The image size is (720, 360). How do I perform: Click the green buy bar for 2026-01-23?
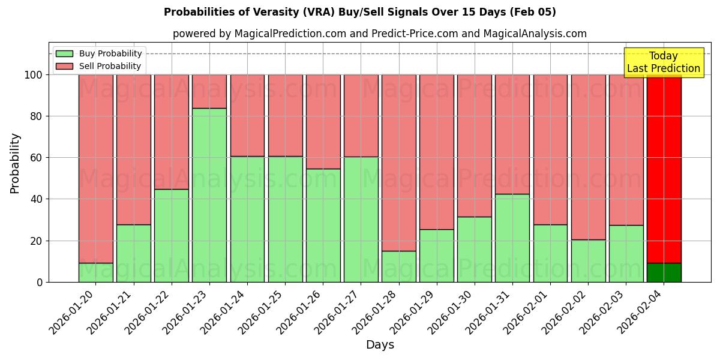pos(209,195)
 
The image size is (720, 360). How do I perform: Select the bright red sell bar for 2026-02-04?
pos(664,169)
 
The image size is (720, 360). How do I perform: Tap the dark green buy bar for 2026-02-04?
pos(664,272)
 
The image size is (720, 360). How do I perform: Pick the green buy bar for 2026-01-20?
pos(96,272)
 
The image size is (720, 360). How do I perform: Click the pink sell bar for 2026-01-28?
pos(398,163)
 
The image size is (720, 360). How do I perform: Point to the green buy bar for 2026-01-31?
pos(512,238)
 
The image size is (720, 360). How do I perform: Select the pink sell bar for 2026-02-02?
pos(588,157)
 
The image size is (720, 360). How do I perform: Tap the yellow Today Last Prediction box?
pos(663,62)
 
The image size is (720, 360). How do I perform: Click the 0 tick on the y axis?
pos(40,282)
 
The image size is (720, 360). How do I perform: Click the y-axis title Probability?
pos(15,163)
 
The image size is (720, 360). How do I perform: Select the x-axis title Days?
pos(380,345)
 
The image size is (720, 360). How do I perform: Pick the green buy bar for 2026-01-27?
pos(361,219)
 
